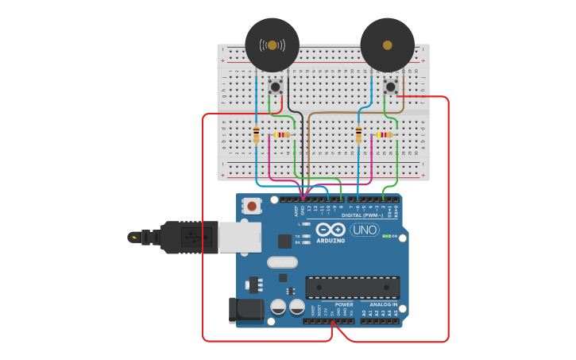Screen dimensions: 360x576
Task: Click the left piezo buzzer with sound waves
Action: point(273,45)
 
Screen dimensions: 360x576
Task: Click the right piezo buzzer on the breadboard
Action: point(388,45)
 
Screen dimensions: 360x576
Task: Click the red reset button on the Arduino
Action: point(252,206)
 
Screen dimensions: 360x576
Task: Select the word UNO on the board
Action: point(365,230)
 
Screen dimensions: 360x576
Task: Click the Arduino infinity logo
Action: point(330,230)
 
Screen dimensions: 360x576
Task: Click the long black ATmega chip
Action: point(353,288)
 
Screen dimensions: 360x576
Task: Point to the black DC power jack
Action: point(245,310)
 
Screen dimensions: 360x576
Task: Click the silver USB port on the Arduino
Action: point(239,237)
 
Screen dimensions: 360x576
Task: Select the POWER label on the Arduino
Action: point(344,304)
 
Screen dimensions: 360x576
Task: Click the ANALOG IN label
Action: point(384,304)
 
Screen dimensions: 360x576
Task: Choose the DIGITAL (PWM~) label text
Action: point(362,215)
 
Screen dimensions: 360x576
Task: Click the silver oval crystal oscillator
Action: point(282,262)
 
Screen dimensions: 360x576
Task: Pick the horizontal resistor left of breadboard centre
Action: point(282,135)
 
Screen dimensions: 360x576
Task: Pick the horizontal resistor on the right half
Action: point(385,135)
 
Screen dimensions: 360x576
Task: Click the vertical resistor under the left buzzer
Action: point(256,134)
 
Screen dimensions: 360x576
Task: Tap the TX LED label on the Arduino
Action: point(298,236)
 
